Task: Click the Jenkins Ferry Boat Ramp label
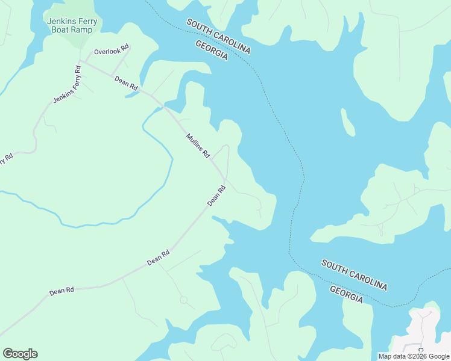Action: (x=72, y=25)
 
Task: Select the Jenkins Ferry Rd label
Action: (x=68, y=85)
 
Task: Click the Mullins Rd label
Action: (x=197, y=146)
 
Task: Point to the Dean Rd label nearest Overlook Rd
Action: (x=126, y=83)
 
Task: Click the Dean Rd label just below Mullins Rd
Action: (x=216, y=196)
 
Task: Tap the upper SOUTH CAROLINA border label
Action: (x=218, y=36)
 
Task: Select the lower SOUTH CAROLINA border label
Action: (x=354, y=275)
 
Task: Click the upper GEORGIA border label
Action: (x=212, y=51)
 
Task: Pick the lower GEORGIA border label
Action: (x=347, y=294)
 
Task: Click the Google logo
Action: (x=20, y=354)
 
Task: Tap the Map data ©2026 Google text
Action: (x=414, y=356)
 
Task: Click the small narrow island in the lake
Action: (x=348, y=123)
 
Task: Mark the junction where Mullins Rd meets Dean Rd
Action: (x=224, y=179)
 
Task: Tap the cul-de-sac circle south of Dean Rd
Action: (x=183, y=299)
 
